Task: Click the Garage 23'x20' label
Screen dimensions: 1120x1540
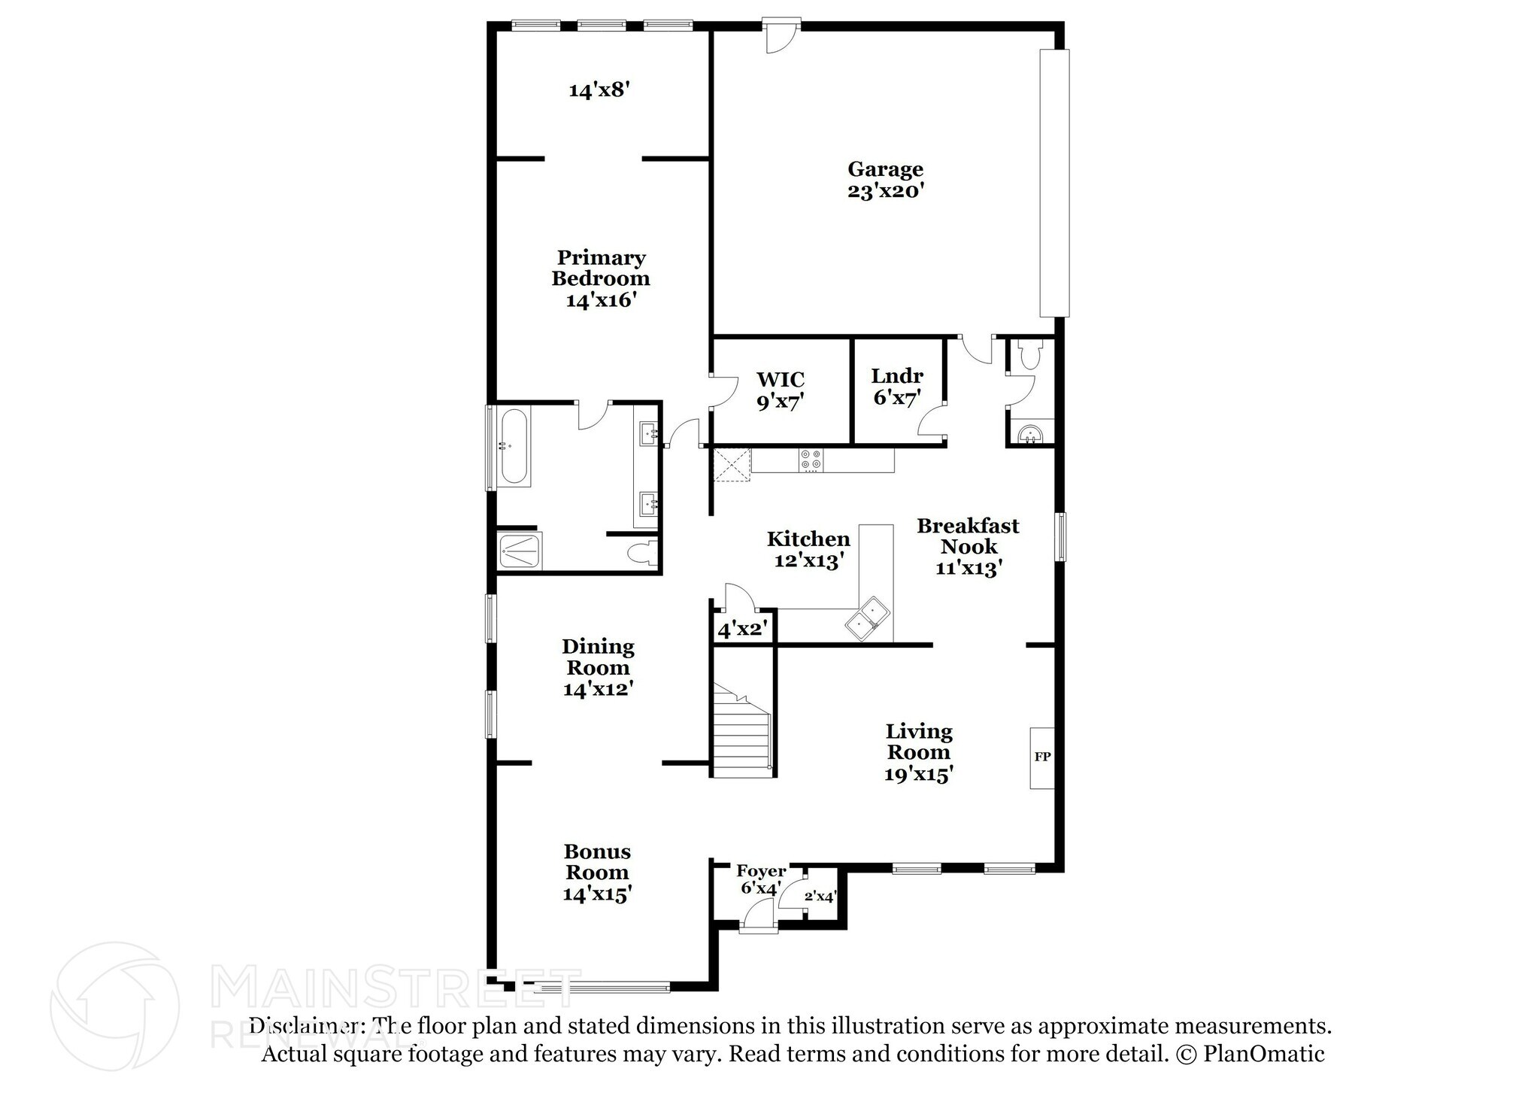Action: tap(885, 180)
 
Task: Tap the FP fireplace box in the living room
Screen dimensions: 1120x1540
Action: tap(1041, 757)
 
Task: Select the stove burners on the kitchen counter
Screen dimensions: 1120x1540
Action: tap(811, 460)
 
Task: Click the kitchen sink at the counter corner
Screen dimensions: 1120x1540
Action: tap(866, 618)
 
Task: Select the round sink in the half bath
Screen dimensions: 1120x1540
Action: tap(1030, 435)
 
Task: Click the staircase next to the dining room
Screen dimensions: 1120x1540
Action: tap(742, 733)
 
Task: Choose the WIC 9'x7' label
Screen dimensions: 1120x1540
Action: tap(780, 390)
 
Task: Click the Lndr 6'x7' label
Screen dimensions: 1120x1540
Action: tap(897, 386)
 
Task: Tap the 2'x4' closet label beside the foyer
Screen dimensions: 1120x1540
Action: tap(820, 896)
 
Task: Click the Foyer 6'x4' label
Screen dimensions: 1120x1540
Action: tap(761, 879)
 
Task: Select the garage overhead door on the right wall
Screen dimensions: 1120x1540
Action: tap(1053, 183)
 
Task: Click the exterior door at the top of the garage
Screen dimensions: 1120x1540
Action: tap(781, 35)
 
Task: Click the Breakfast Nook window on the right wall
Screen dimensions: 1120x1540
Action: tap(1060, 536)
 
